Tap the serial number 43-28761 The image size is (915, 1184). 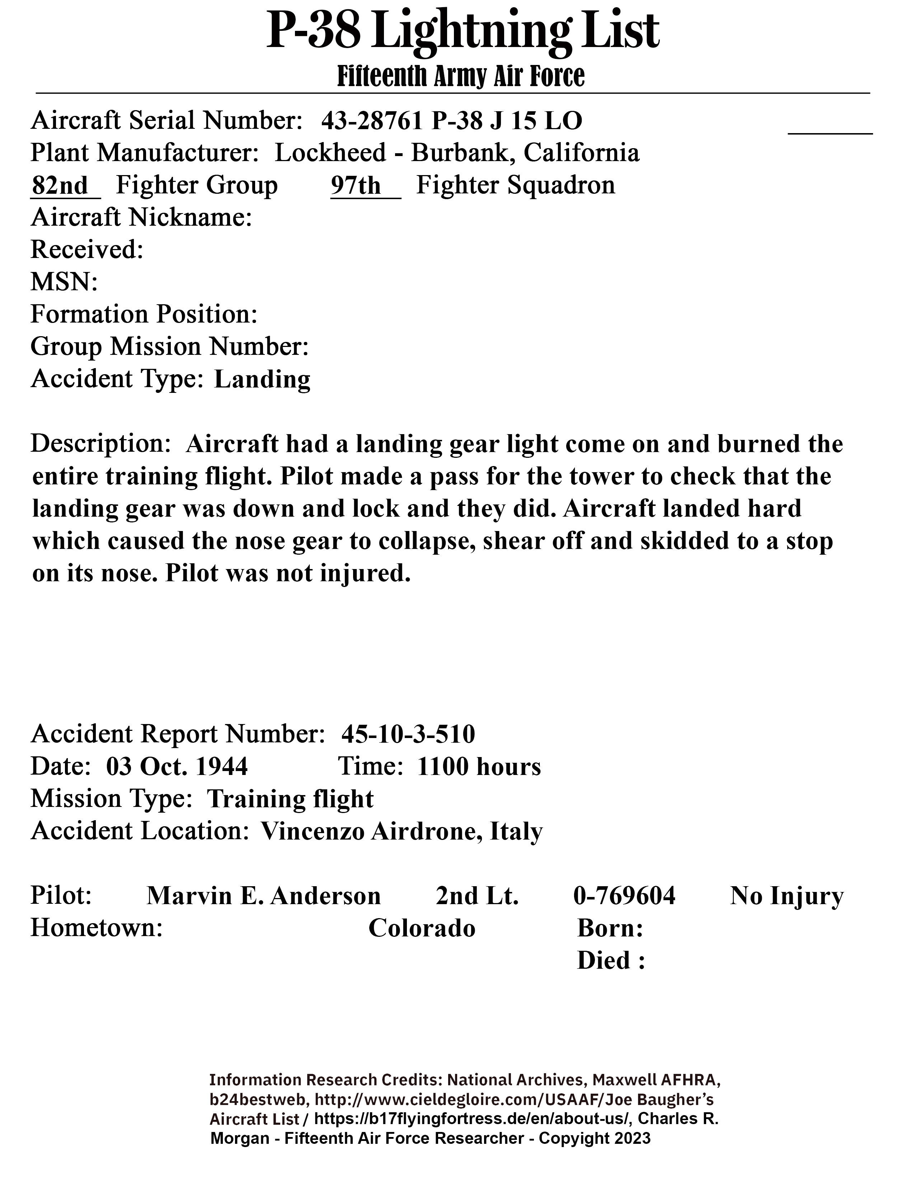[x=371, y=120]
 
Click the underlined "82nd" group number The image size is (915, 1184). [x=60, y=185]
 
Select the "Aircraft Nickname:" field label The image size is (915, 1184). [x=141, y=218]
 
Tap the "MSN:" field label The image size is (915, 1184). [x=64, y=282]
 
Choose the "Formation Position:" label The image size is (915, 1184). [x=144, y=314]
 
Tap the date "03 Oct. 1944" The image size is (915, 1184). [x=177, y=767]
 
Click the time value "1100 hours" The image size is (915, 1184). [x=479, y=767]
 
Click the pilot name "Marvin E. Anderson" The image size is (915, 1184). [x=263, y=896]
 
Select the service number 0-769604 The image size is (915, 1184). [x=624, y=896]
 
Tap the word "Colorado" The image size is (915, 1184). [x=422, y=928]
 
